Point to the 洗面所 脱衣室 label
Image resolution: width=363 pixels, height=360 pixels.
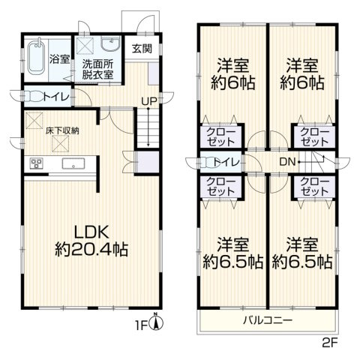click(100, 70)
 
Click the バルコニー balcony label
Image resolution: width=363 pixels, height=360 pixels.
click(268, 320)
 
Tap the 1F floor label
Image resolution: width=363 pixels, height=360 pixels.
click(141, 325)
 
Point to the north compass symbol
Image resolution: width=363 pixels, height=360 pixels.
click(156, 322)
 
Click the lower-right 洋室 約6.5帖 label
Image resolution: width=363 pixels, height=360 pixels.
click(302, 253)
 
